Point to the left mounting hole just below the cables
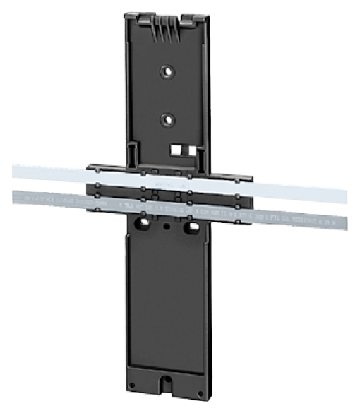point(143,225)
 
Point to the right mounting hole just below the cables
point(189,228)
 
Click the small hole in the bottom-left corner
point(132,385)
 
